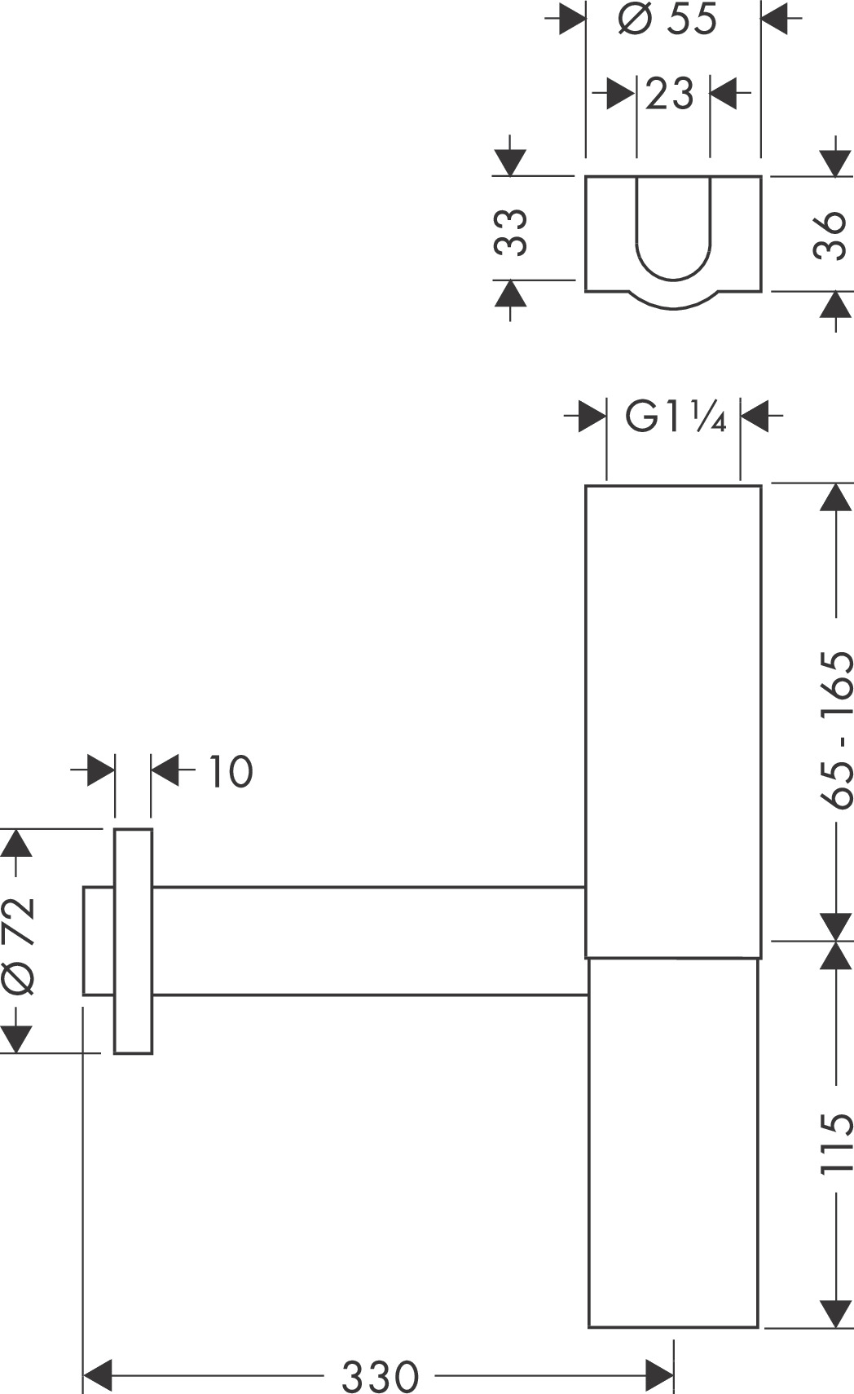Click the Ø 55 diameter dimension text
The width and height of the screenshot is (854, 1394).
coord(667,19)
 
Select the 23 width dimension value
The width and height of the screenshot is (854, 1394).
coord(670,94)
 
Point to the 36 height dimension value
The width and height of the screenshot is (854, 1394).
coord(831,235)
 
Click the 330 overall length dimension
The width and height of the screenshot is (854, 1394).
coord(380,1377)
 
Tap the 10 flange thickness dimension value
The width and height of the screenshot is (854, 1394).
coord(231,771)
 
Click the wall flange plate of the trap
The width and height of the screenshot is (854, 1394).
coord(133,942)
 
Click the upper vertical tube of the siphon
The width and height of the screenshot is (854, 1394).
coord(673,721)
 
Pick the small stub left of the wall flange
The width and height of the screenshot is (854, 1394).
coord(99,941)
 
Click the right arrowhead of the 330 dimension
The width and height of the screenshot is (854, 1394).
coord(659,1376)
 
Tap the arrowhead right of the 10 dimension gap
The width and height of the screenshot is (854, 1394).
coord(166,770)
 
